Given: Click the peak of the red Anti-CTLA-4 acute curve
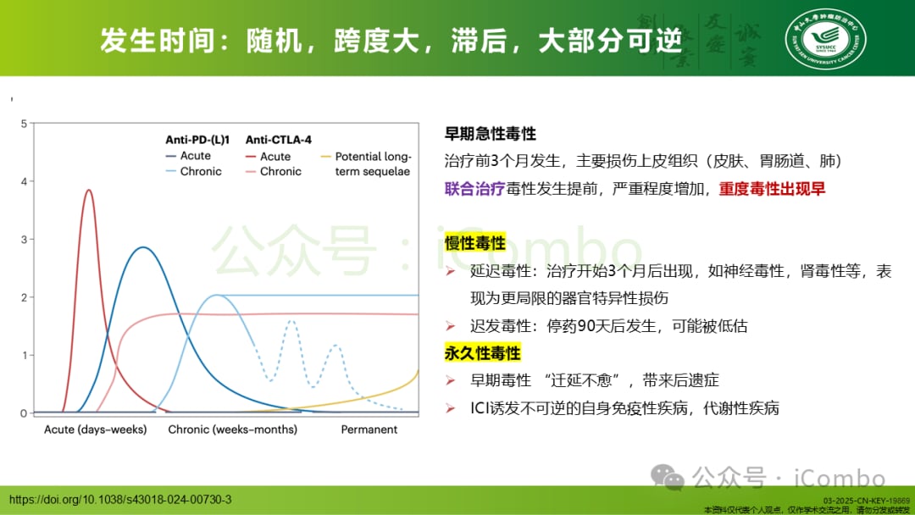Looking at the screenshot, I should pyautogui.click(x=89, y=191).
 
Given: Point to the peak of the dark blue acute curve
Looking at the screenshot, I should pyautogui.click(x=144, y=248).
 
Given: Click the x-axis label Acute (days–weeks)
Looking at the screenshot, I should pyautogui.click(x=95, y=429).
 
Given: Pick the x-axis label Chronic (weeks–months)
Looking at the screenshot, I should pyautogui.click(x=232, y=429).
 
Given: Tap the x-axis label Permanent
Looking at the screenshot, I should pyautogui.click(x=369, y=429).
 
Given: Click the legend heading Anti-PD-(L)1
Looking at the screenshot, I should pyautogui.click(x=197, y=140).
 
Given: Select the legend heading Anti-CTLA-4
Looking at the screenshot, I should pyautogui.click(x=277, y=140).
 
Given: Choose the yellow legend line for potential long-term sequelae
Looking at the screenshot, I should pyautogui.click(x=325, y=157).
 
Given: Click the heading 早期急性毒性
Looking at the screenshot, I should pyautogui.click(x=491, y=134).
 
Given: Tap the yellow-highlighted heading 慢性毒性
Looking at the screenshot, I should pyautogui.click(x=475, y=244).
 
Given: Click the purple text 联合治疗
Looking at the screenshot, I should pyautogui.click(x=474, y=189).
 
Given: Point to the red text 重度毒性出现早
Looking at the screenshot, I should pyautogui.click(x=772, y=189).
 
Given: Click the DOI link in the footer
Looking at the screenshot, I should pyautogui.click(x=119, y=500).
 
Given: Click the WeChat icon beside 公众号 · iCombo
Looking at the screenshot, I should pyautogui.click(x=673, y=477).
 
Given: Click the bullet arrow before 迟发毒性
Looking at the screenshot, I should pyautogui.click(x=452, y=326).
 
